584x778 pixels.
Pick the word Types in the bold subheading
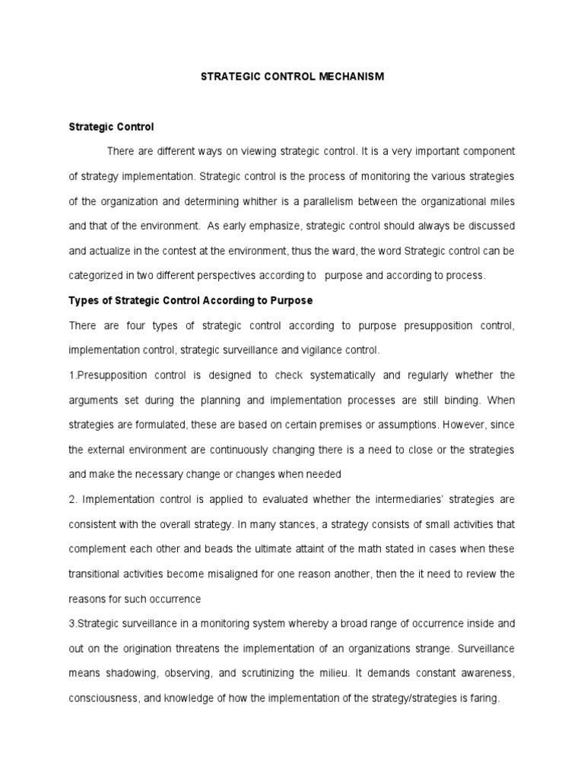82,301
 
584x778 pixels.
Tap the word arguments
94,400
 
